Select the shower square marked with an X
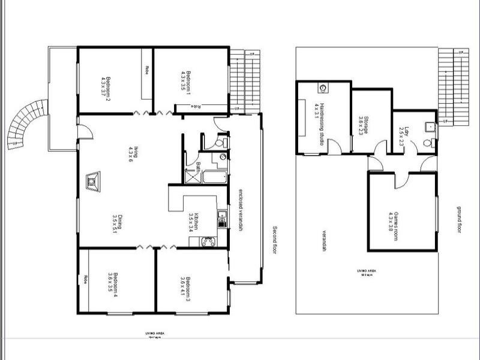pyautogui.click(x=191, y=176)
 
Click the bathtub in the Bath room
pyautogui.click(x=214, y=178)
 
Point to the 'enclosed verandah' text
pyautogui.click(x=240, y=206)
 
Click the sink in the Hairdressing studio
pyautogui.click(x=323, y=88)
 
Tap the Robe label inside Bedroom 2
pyautogui.click(x=146, y=70)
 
